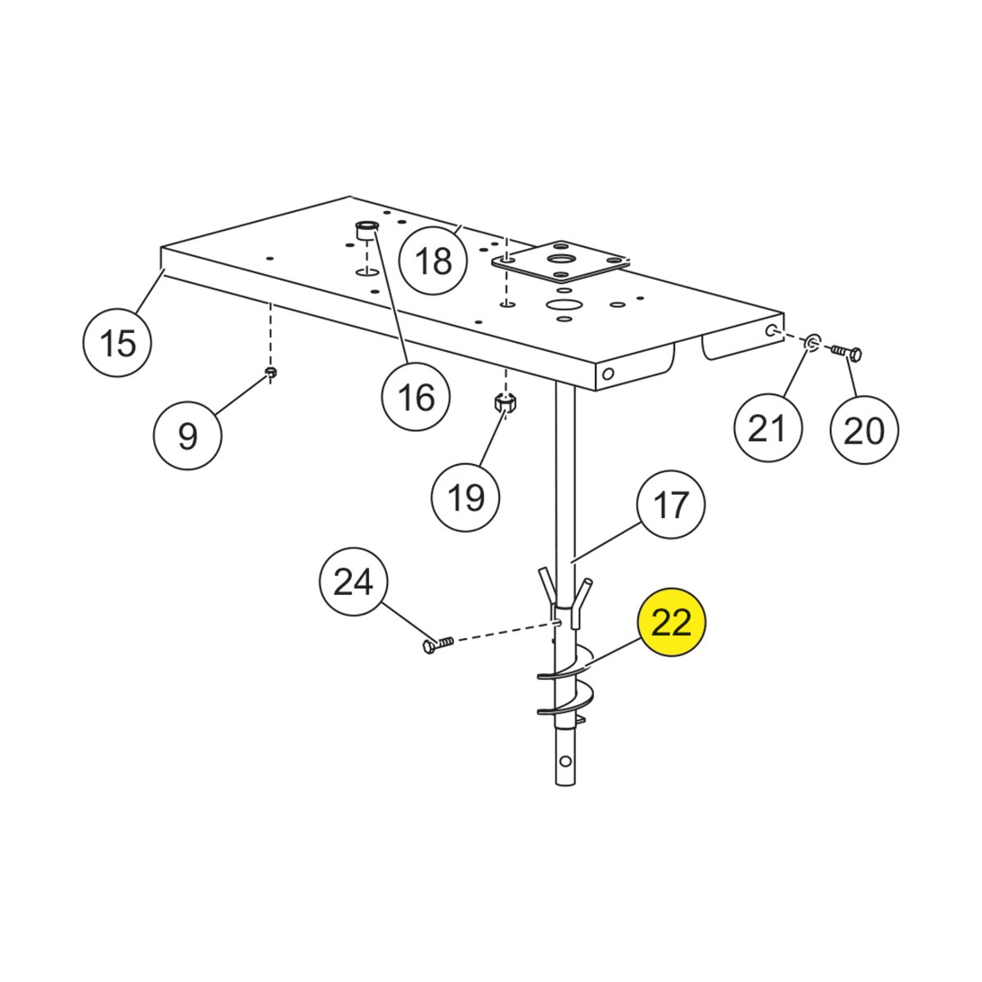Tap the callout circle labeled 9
[x=187, y=435]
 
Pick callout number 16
[x=416, y=397]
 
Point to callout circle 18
[x=433, y=262]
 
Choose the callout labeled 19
[x=466, y=497]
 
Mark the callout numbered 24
[x=353, y=582]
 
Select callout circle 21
[x=768, y=428]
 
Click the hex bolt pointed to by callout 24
[x=437, y=645]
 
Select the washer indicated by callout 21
[x=812, y=342]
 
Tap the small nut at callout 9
[x=272, y=374]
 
